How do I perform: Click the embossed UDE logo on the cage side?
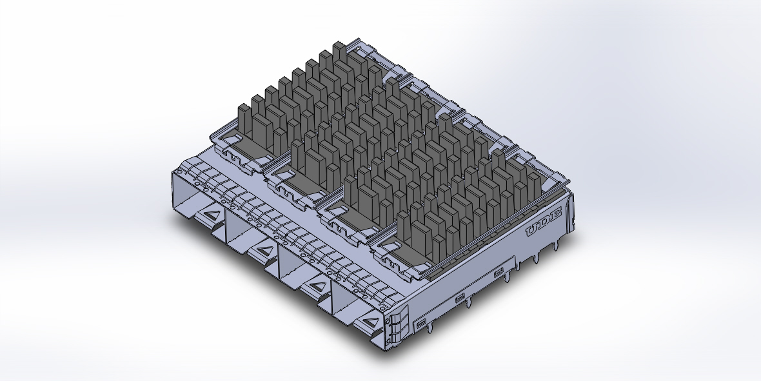(x=544, y=223)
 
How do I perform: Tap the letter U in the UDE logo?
(x=534, y=230)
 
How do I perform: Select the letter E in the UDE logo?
(x=555, y=215)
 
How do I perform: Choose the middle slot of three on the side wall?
(x=459, y=298)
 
